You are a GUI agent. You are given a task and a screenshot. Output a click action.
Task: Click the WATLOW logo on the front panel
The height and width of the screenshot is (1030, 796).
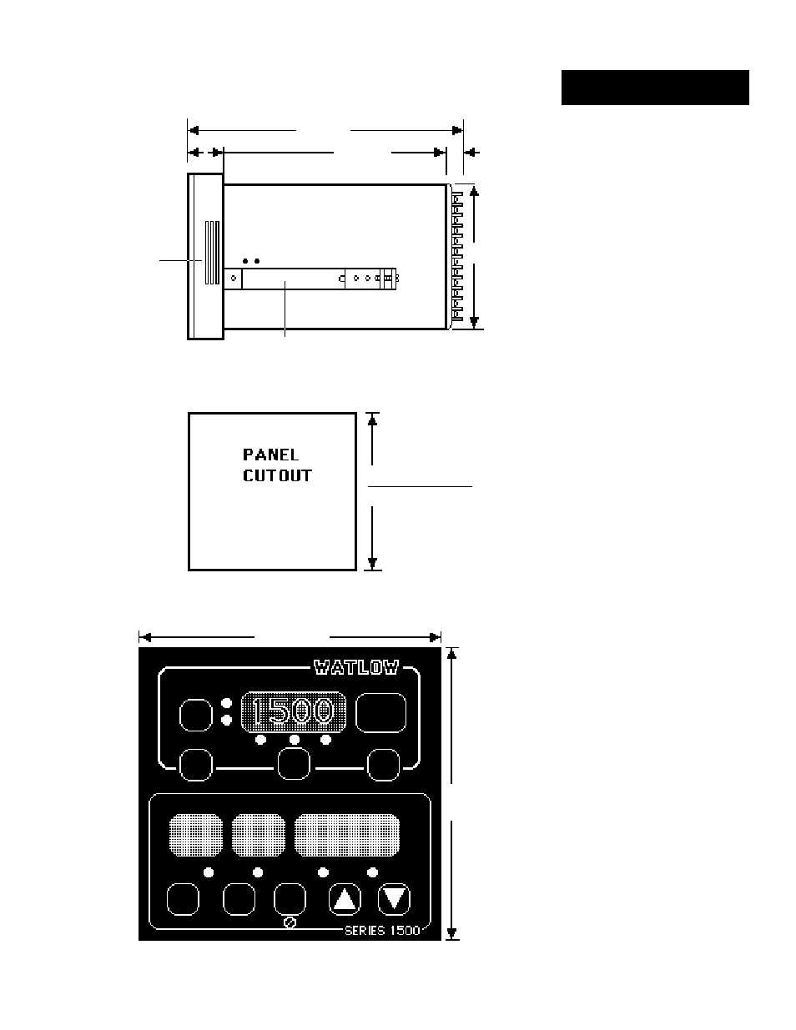355,667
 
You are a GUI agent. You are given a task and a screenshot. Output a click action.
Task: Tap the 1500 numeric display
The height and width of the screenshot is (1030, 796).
293,711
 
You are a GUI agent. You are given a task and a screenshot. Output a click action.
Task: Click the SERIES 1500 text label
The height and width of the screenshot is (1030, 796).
382,930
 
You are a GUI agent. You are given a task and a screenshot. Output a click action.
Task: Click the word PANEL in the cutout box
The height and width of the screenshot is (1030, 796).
270,455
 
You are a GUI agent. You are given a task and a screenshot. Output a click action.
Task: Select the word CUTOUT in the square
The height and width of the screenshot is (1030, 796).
277,476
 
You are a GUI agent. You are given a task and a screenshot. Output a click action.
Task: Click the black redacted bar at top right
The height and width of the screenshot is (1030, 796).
655,88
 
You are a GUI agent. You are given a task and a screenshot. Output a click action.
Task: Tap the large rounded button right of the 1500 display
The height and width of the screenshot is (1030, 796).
381,712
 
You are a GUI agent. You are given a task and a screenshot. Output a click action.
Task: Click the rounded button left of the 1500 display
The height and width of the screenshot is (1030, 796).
196,715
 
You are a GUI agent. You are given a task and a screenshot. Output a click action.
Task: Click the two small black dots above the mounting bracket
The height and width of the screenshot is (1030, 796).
250,261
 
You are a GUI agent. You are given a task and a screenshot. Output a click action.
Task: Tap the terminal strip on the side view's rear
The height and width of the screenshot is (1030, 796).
456,256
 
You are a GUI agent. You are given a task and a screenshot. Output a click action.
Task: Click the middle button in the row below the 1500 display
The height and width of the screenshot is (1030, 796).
294,764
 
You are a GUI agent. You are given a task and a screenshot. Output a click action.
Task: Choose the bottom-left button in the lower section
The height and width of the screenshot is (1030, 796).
183,899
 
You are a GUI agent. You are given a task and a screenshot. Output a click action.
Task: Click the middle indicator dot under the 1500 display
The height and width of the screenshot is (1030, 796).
294,740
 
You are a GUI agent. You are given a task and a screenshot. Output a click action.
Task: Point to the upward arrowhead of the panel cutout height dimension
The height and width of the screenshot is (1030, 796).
373,420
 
